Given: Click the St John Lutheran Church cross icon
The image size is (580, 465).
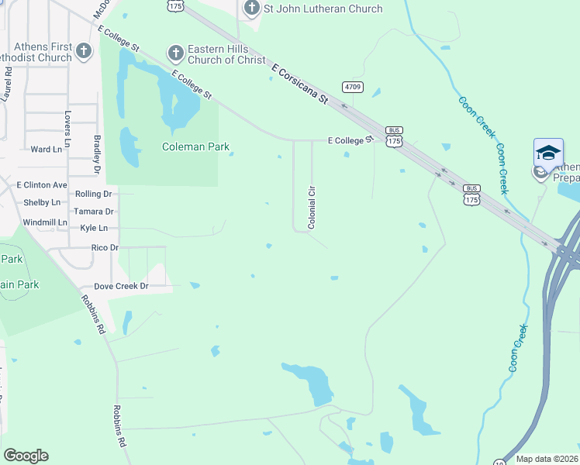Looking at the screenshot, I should point(251,9).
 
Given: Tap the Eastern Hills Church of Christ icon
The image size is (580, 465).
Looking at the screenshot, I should point(175,53).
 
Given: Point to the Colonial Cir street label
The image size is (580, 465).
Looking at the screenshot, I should point(312,207).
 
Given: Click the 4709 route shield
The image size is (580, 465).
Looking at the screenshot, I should point(351,88).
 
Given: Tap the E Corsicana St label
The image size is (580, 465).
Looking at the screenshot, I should point(299,83).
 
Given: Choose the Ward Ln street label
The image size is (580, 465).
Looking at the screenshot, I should point(45,149).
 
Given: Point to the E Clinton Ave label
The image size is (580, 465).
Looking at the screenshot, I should point(42,185).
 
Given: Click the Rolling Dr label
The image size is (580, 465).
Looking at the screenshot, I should point(94,194).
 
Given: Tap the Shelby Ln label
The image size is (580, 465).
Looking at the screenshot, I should point(43,202).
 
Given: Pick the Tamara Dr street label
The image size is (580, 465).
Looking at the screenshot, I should point(94,211).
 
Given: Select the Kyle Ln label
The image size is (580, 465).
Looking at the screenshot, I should point(94,228).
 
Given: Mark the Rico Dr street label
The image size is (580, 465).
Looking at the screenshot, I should point(105,247).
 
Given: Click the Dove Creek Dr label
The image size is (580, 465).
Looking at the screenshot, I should point(121,286).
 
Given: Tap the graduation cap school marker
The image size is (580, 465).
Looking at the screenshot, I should point(548,153).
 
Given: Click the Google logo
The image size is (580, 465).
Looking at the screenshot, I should point(26,456).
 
